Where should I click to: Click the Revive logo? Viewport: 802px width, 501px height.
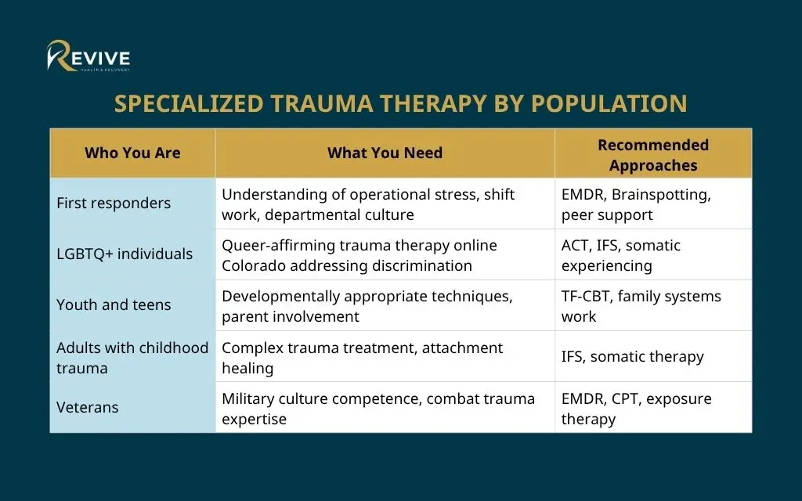pyautogui.click(x=88, y=56)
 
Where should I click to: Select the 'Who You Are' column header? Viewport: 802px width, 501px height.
pyautogui.click(x=132, y=153)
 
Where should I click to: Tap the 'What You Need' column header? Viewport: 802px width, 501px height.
pyautogui.click(x=385, y=153)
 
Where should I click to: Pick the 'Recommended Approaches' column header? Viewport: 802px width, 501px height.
pyautogui.click(x=652, y=154)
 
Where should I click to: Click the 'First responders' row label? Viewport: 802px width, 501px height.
pyautogui.click(x=114, y=203)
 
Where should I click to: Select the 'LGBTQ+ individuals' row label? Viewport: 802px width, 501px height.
pyautogui.click(x=125, y=254)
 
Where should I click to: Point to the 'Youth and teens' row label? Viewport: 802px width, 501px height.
pyautogui.click(x=114, y=305)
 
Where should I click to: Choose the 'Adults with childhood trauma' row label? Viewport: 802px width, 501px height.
pyautogui.click(x=132, y=357)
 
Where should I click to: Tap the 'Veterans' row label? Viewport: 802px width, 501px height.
pyautogui.click(x=88, y=407)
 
